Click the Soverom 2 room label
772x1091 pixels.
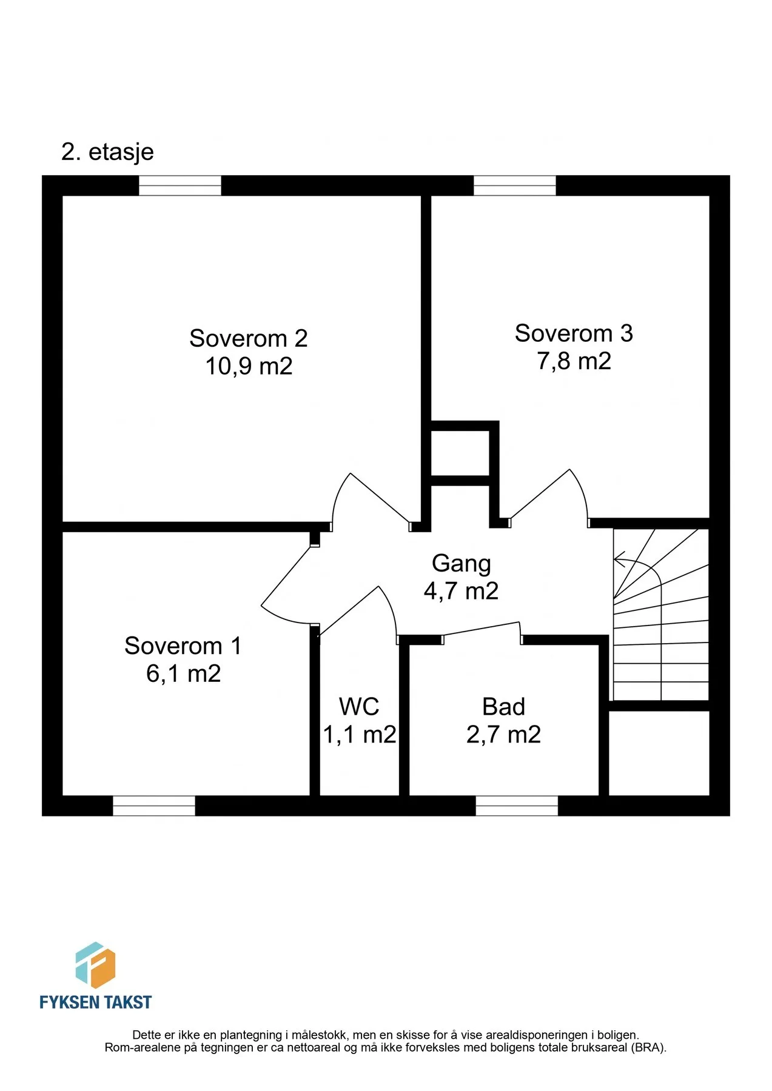(249, 338)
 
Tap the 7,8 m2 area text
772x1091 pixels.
(574, 361)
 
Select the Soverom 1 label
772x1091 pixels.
(183, 646)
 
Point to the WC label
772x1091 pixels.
(359, 707)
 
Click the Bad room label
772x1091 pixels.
(503, 707)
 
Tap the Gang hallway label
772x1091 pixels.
(461, 564)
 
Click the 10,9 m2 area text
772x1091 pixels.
(249, 366)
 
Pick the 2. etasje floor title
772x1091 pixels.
(107, 152)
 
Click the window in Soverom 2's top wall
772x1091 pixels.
(180, 185)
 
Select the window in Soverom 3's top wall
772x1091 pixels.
(514, 185)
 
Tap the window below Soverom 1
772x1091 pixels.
(154, 806)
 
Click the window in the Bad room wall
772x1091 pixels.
(517, 806)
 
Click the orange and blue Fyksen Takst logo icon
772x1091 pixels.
(95, 966)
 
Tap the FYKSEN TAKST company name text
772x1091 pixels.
(95, 1002)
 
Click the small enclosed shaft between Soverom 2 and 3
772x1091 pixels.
(460, 453)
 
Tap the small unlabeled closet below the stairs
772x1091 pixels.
(659, 753)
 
